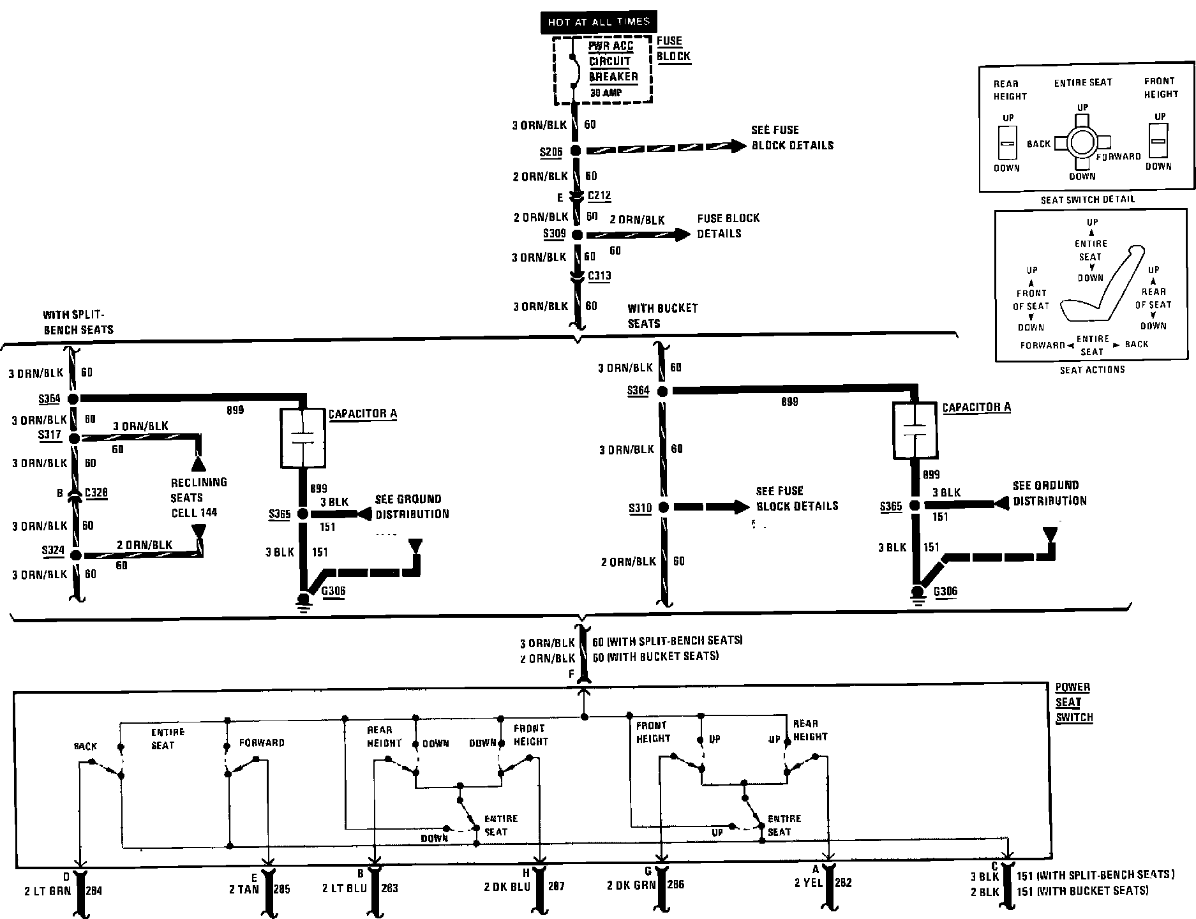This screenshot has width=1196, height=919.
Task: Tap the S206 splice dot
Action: [576, 151]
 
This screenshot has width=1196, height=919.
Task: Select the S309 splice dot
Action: [577, 235]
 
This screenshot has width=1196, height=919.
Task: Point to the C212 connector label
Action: [599, 195]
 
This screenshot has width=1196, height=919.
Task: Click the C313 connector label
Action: [599, 276]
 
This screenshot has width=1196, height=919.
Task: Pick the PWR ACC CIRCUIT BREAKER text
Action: [613, 61]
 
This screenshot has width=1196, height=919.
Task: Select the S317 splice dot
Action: [73, 438]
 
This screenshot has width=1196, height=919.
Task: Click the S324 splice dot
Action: [75, 555]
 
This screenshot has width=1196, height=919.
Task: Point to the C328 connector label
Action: [96, 493]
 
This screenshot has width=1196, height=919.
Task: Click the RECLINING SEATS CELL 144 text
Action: [198, 497]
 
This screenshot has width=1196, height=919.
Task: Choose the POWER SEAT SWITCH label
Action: [1073, 702]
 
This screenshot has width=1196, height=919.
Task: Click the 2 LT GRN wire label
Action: [48, 891]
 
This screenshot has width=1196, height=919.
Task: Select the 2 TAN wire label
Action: [244, 888]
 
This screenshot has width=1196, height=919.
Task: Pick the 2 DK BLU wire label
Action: [507, 886]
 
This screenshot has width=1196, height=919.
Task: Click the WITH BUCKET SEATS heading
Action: [662, 315]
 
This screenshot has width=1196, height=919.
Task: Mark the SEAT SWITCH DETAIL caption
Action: [1088, 199]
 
